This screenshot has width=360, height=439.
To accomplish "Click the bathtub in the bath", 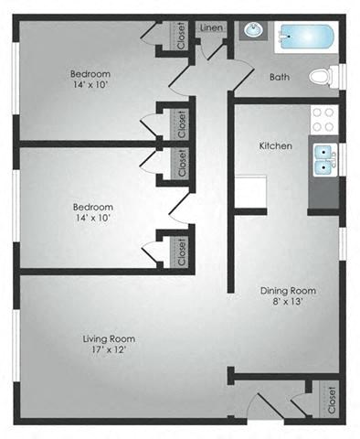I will (306, 37).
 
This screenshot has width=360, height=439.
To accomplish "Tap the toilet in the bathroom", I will (323, 77).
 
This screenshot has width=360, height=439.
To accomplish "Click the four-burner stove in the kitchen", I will (323, 118).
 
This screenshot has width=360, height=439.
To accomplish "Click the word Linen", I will (210, 28).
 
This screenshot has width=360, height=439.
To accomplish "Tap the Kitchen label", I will (275, 145).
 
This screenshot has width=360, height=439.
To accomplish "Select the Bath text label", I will (280, 78).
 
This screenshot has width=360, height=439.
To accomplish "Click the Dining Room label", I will (281, 287).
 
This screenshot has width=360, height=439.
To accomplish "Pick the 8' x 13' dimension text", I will (281, 301).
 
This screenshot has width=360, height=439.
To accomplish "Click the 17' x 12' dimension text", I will (108, 352).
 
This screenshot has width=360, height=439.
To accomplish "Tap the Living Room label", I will (108, 338).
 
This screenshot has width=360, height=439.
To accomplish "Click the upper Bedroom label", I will (90, 73).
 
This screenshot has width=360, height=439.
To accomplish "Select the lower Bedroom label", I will (92, 207).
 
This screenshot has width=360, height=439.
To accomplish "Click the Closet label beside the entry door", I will (330, 398).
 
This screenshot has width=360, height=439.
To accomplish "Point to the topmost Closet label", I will (181, 36).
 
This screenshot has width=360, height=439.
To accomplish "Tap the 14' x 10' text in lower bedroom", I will (92, 220).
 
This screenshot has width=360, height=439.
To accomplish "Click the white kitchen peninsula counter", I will (251, 190).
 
